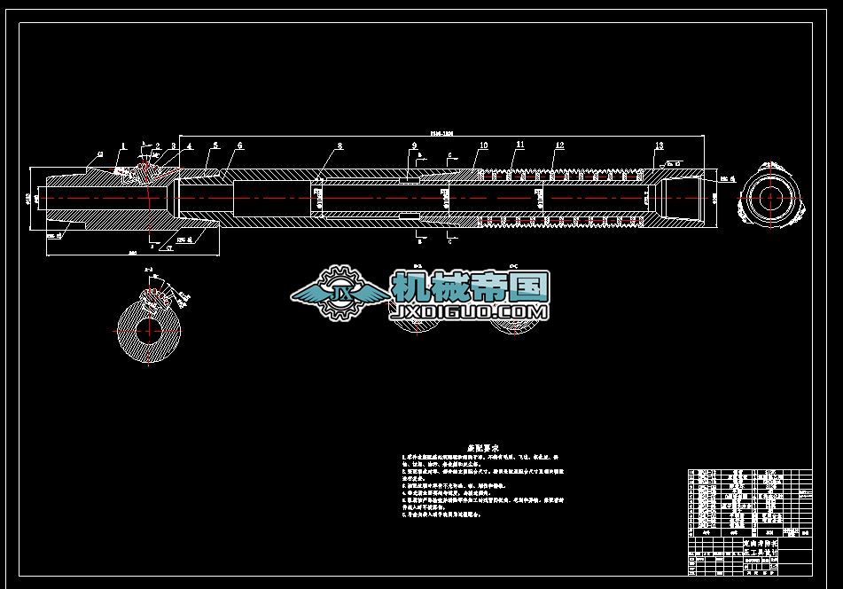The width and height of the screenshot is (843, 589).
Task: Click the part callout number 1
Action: click(123, 145)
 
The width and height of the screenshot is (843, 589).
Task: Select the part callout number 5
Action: click(215, 145)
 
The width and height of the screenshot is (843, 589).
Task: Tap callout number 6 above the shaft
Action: click(239, 145)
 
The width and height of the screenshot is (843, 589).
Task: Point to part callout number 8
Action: click(340, 145)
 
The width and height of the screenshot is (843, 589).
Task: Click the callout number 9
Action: click(414, 145)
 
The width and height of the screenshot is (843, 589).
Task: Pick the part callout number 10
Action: click(484, 145)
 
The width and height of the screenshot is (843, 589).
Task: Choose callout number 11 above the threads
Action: click(520, 145)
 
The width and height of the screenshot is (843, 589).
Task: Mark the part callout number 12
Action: click(560, 145)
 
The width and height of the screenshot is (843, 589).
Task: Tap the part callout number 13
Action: click(659, 145)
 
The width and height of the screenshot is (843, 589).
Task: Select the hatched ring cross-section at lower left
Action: click(152, 328)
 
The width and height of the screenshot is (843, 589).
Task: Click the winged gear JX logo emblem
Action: click(339, 293)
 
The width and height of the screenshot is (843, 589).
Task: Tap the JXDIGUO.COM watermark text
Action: click(470, 312)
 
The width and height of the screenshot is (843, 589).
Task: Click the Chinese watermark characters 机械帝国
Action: click(471, 286)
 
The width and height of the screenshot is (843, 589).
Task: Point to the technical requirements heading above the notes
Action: click(484, 449)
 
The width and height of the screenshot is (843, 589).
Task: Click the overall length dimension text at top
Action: click(441, 134)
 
